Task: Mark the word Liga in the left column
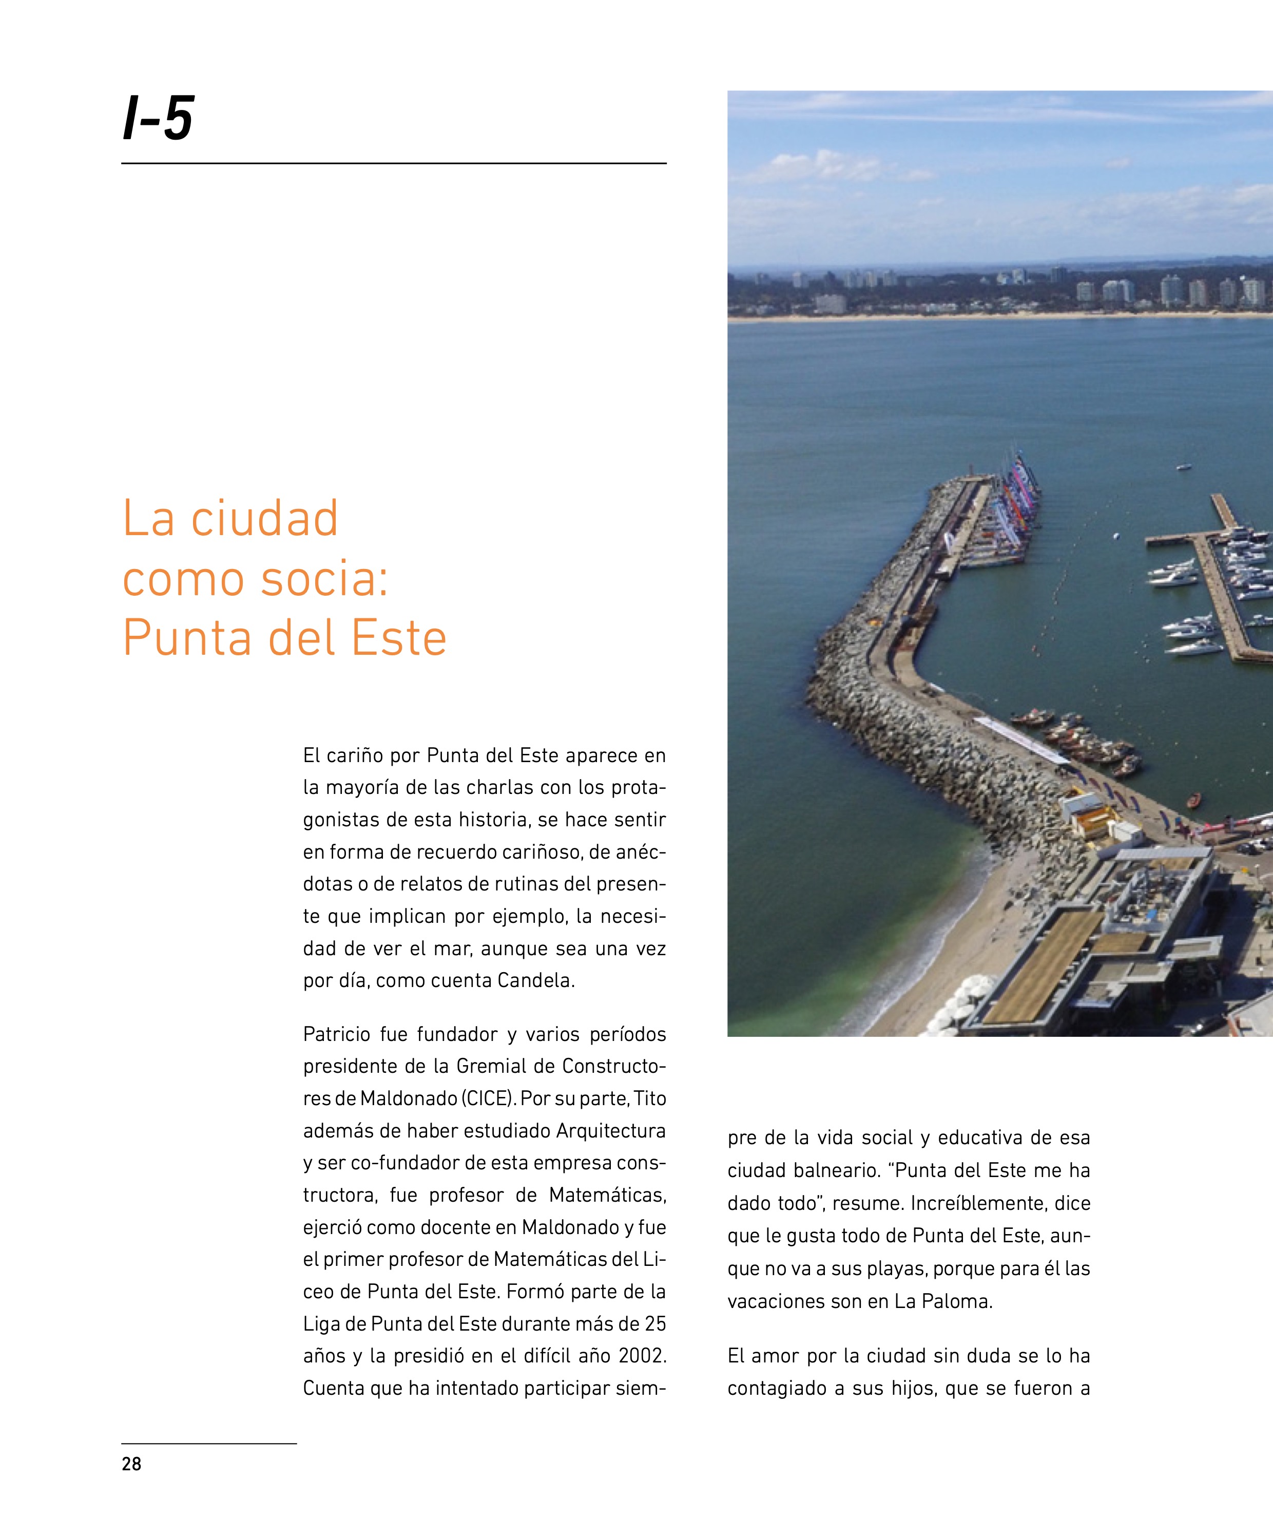320,1323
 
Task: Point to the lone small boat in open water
1184,467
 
